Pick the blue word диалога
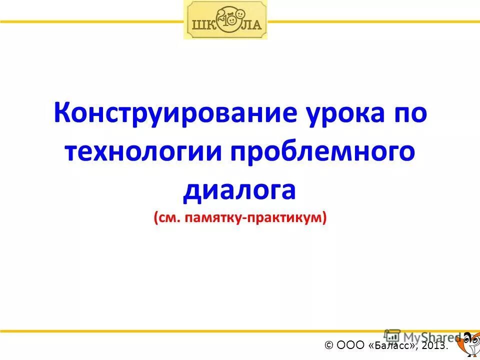[239, 189]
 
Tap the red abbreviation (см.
[169, 217]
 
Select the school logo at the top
[225, 20]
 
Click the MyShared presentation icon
[392, 336]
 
